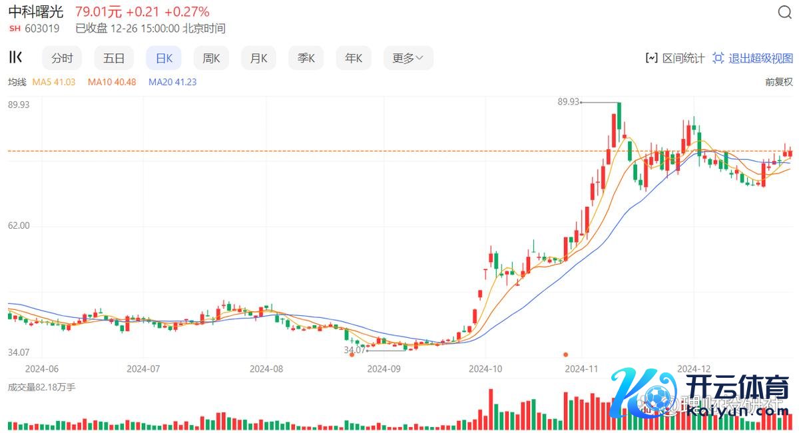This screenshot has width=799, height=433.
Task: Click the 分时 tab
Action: point(62,59)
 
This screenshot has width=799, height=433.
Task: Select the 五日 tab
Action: point(114,59)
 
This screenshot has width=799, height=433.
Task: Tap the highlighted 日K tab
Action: point(164,59)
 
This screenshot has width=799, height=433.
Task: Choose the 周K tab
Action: point(211,59)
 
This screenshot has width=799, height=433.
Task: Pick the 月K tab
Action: point(258,59)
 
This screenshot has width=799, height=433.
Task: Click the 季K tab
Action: point(306,59)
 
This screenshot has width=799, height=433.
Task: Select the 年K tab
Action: point(354,59)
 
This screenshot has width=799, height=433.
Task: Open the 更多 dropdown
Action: point(407,59)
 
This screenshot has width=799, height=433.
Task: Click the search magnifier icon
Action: point(784,13)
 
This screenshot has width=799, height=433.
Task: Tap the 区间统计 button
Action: point(675,59)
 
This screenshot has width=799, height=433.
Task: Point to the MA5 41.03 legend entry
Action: point(54,82)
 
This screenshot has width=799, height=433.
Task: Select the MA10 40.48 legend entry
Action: point(112,82)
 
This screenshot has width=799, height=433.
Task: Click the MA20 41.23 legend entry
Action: point(172,82)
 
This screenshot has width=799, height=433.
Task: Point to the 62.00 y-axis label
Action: point(19,226)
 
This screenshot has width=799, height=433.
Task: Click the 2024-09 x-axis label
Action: point(384,368)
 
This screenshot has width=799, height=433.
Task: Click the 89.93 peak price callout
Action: point(569,102)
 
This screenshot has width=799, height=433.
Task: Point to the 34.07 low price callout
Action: point(354,350)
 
